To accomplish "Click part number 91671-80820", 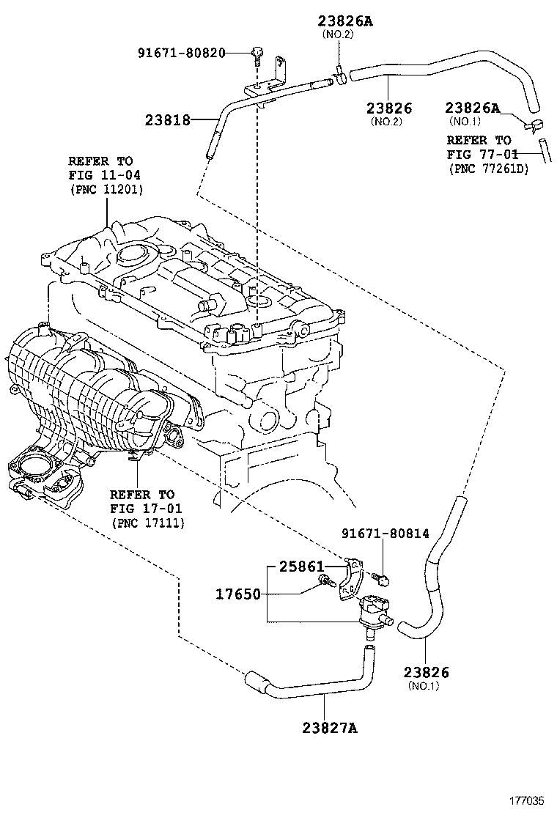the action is pos(182,53).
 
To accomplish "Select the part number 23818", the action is pos(167,121).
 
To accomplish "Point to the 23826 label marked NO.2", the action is pos(389,108).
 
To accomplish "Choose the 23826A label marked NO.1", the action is pos(472,108).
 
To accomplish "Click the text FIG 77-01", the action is pos(483,155).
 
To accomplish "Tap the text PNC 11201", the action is pos(106,189).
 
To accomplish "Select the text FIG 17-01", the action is pos(146,509).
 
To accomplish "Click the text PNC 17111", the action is pos(148,523).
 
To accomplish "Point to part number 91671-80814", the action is pos(386,534).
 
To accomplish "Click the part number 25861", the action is pos(301,566).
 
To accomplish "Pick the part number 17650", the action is pos(238,594).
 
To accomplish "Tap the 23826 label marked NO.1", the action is pos(426,672).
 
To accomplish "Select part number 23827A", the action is pos(330,728).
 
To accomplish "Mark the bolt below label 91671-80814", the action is pos(381,578).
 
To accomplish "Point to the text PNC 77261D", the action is pos(489,169).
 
